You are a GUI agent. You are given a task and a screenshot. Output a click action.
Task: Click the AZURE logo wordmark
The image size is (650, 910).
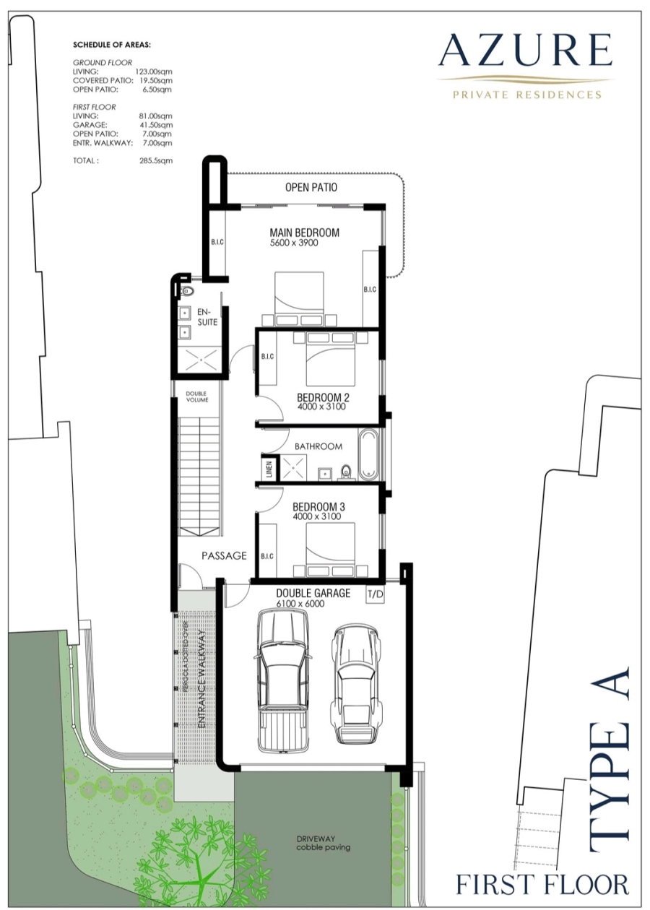(x=526, y=51)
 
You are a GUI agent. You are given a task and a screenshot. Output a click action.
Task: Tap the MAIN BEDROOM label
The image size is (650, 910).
(x=304, y=233)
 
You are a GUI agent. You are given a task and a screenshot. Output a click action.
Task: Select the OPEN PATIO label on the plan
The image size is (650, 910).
(x=311, y=187)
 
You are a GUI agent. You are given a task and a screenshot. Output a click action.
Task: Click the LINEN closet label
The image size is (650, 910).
(x=269, y=469)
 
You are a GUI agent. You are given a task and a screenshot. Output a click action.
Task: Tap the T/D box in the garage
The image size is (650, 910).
(x=375, y=594)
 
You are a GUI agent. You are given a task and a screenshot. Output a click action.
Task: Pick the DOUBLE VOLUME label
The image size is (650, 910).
(x=197, y=396)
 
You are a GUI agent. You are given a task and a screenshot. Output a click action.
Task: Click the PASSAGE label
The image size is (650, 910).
(x=224, y=555)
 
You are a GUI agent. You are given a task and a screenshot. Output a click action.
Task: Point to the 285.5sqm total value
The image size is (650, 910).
(x=156, y=160)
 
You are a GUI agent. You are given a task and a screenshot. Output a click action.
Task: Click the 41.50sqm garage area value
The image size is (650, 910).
(x=156, y=125)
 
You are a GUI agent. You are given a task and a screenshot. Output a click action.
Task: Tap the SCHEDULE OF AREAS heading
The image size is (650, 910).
(x=112, y=45)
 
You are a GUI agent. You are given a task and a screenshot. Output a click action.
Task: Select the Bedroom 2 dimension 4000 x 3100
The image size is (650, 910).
(x=321, y=407)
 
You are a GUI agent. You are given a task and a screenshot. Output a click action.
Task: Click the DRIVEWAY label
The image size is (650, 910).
(x=316, y=838)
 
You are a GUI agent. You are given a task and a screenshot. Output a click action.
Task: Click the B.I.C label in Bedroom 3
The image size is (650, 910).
(x=267, y=556)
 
